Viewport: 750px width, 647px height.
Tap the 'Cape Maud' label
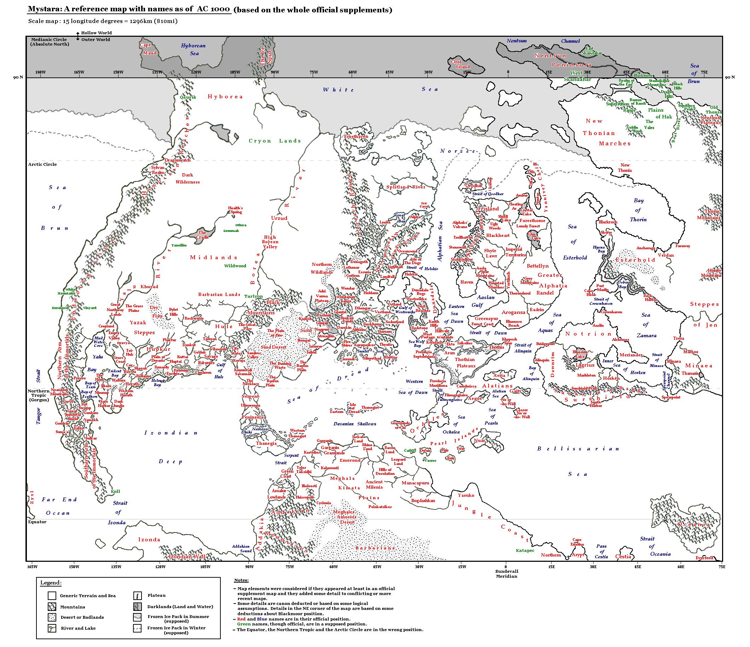147,49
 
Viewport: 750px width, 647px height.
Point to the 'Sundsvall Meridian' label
506,573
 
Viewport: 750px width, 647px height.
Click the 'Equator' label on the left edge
37,522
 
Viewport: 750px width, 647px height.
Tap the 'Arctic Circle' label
42,164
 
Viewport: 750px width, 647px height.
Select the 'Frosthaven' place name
356,136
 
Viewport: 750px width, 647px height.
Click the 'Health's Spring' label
235,210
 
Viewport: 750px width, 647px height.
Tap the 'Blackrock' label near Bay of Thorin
608,222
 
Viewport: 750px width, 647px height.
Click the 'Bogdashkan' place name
423,501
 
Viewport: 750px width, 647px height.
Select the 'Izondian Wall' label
187,556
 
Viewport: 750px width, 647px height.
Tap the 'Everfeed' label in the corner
704,558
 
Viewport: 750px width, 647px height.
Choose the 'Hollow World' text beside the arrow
96,33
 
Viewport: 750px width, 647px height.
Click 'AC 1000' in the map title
214,10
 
